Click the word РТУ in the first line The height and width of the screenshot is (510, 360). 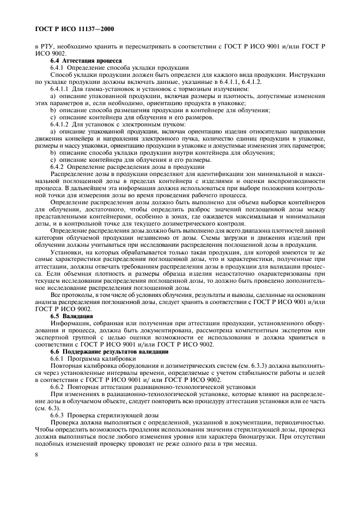coord(46,46)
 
